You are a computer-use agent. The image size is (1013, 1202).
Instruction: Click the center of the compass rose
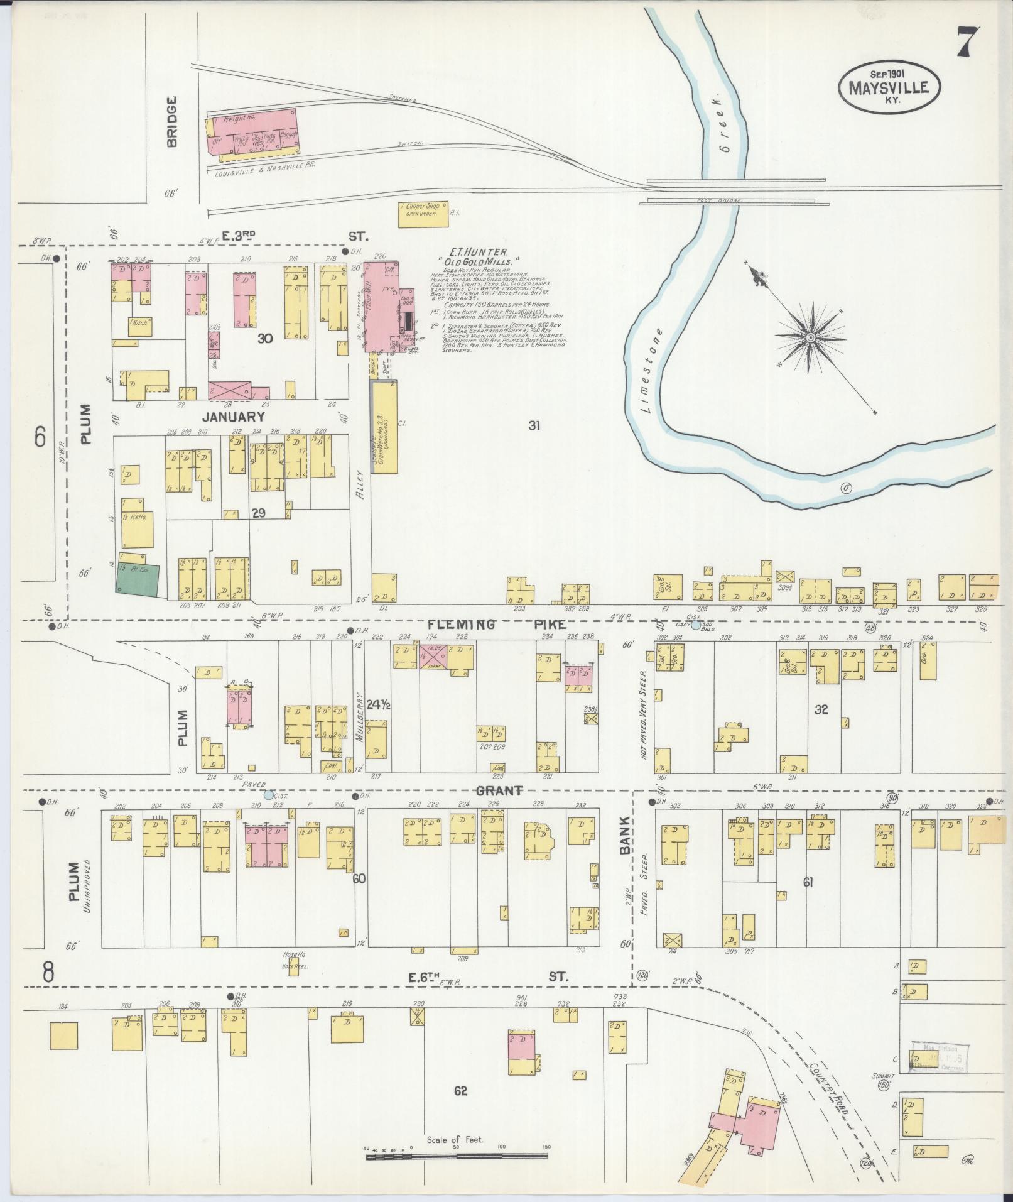(811, 338)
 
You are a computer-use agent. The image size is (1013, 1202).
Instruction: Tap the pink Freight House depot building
(253, 131)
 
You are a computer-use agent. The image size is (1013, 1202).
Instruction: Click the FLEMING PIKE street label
(498, 625)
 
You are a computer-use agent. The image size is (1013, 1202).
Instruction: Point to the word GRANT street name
(499, 790)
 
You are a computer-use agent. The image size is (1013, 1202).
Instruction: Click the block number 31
(534, 425)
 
